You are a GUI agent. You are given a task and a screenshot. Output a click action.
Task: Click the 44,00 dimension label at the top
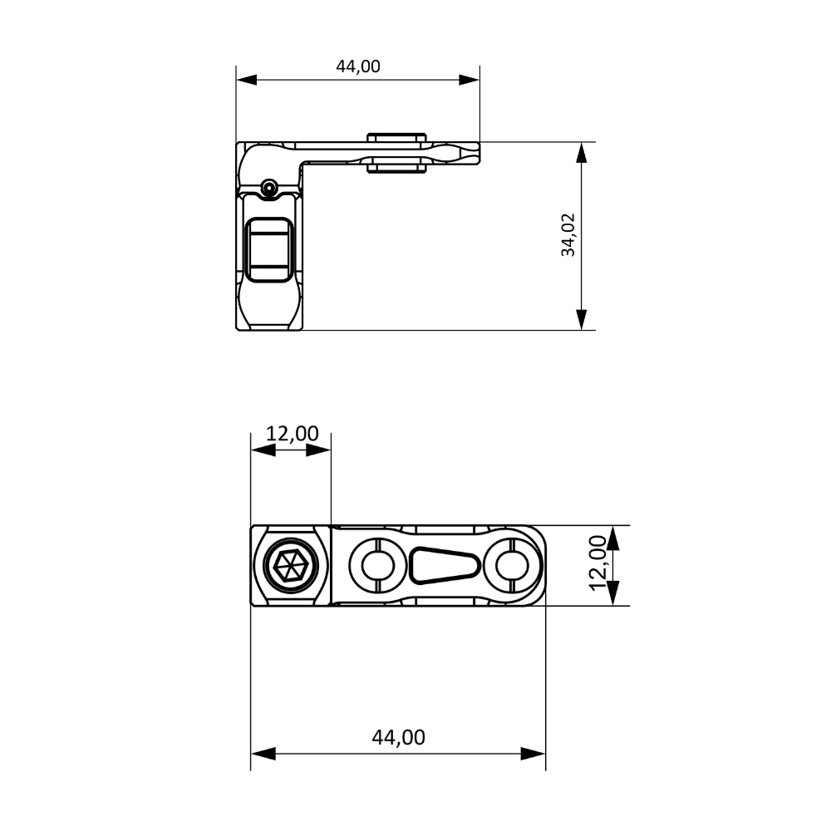point(358,66)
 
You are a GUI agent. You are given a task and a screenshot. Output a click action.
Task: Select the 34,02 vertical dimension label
point(568,235)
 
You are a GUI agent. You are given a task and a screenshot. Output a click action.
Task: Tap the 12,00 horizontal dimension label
point(292,434)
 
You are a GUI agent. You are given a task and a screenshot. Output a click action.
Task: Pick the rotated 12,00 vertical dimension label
point(597,563)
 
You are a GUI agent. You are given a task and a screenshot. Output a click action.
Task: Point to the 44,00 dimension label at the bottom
point(399,737)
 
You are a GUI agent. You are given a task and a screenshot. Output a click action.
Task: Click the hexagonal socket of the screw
point(290,565)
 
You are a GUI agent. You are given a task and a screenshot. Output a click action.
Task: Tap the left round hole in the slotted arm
point(377,565)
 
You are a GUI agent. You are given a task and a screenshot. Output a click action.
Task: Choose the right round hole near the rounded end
point(511,565)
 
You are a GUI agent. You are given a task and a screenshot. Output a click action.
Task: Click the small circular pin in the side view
point(269,187)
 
